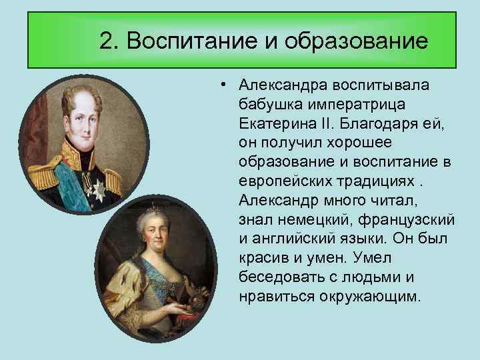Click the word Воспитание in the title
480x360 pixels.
tap(192, 41)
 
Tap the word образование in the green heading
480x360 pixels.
tap(356, 41)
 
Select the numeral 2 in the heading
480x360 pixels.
tap(107, 41)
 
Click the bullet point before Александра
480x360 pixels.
tap(223, 85)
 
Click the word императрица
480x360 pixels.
tap(357, 105)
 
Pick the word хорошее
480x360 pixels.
tap(358, 143)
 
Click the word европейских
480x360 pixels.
tap(285, 181)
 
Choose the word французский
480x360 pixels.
tap(406, 220)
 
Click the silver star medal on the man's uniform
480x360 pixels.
tap(98, 190)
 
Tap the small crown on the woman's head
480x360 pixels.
tap(153, 209)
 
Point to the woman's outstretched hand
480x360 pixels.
tap(173, 310)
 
